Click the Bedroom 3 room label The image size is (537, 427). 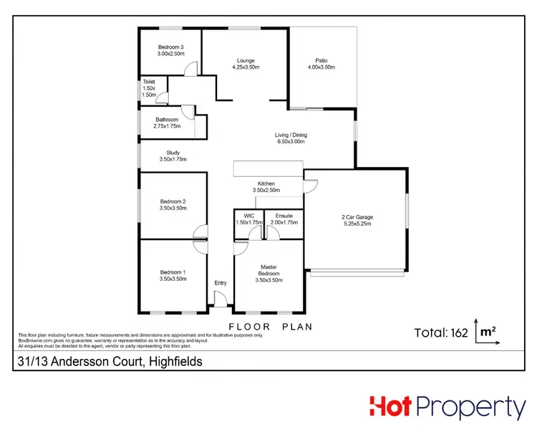click(x=171, y=50)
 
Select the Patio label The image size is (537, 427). click(x=321, y=64)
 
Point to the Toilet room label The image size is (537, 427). click(x=149, y=88)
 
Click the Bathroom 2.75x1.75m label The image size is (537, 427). click(x=167, y=122)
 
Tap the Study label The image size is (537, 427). click(x=173, y=155)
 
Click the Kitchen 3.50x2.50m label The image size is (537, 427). click(x=266, y=187)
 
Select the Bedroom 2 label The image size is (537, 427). click(x=173, y=205)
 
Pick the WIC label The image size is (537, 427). click(x=249, y=219)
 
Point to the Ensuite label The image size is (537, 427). click(x=284, y=219)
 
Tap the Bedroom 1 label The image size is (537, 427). click(x=173, y=275)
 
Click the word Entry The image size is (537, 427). click(x=221, y=283)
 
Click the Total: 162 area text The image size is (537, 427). click(x=442, y=332)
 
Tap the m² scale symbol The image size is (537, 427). click(x=488, y=332)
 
